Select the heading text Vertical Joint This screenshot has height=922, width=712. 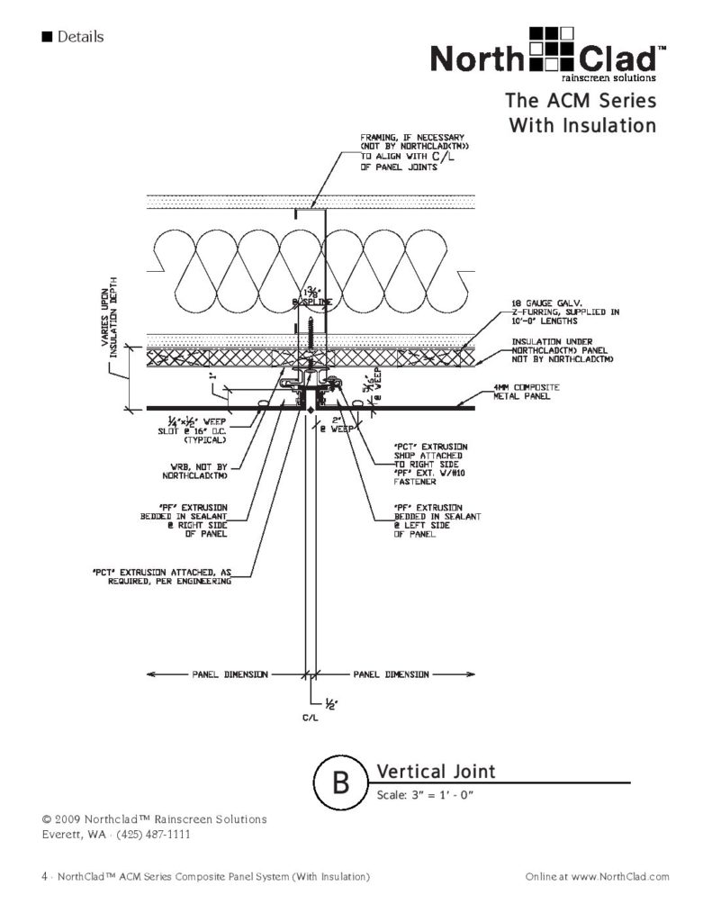(x=436, y=772)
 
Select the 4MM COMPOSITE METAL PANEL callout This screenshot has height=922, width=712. (x=527, y=392)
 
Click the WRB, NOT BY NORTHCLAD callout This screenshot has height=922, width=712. (x=205, y=472)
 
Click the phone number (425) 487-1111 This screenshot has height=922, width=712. (x=149, y=834)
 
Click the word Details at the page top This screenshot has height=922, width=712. (x=80, y=37)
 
